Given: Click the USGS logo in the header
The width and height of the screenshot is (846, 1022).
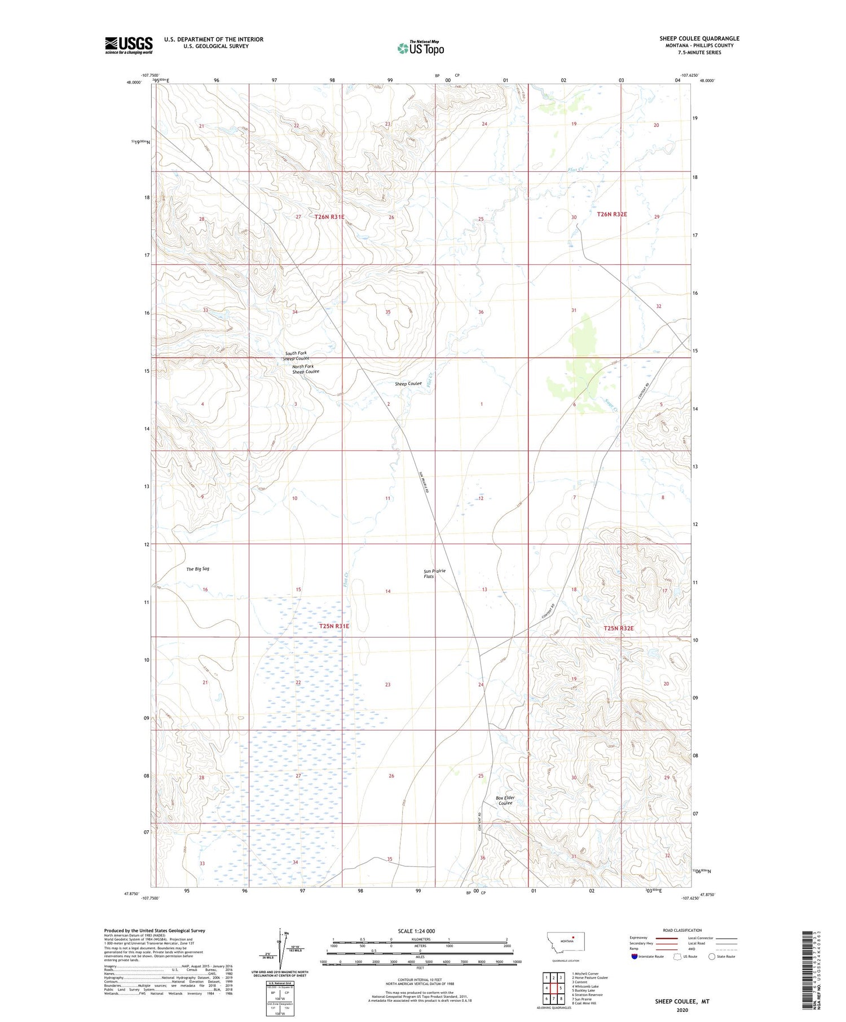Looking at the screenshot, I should tap(129, 45).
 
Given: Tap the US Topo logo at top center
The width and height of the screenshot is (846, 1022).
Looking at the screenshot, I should tap(421, 48).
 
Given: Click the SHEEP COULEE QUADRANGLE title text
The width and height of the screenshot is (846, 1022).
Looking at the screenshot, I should tap(699, 38).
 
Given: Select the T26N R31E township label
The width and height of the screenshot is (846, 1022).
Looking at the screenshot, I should tap(329, 216).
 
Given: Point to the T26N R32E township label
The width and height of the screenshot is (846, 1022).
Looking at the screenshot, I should tap(612, 214).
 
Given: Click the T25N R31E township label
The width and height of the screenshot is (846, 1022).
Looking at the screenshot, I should tap(334, 626).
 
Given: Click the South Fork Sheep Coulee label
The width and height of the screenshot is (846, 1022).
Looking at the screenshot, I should tap(296, 356).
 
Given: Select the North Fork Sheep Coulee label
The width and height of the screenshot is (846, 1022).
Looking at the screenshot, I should tap(305, 369).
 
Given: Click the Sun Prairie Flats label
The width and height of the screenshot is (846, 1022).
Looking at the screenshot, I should tap(434, 573).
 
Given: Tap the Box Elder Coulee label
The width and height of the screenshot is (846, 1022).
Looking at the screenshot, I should tap(505, 800).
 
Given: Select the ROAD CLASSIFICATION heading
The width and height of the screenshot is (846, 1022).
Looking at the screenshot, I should tap(682, 930).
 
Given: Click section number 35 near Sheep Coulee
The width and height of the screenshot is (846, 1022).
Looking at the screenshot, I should tap(387, 312).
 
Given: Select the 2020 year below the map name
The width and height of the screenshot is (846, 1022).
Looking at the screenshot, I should tap(682, 1010).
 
